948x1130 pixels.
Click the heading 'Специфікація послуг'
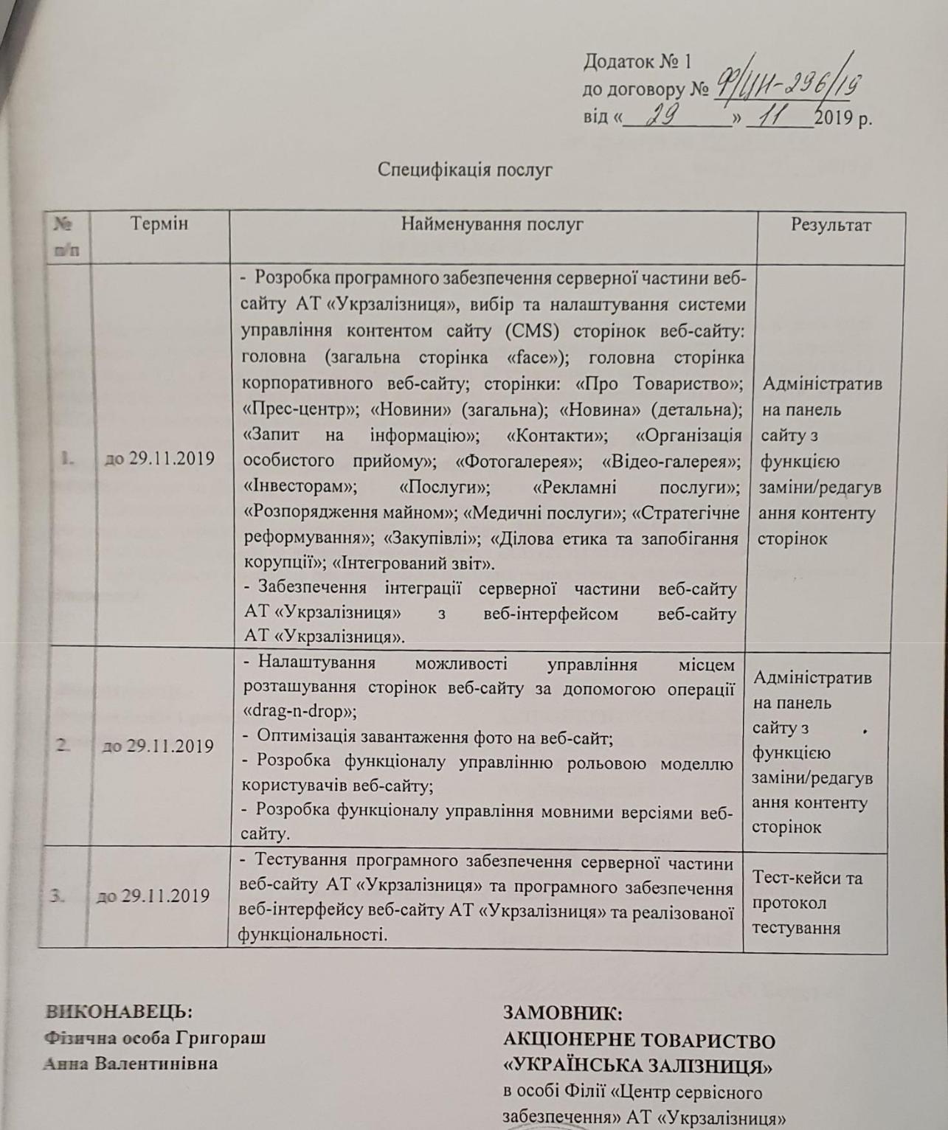pyautogui.click(x=465, y=170)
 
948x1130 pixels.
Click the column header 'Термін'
pyautogui.click(x=159, y=223)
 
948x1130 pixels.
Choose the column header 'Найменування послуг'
pyautogui.click(x=492, y=224)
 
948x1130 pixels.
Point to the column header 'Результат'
pyautogui.click(x=831, y=225)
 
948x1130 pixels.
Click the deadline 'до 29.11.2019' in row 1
pyautogui.click(x=159, y=459)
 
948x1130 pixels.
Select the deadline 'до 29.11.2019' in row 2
pyautogui.click(x=157, y=746)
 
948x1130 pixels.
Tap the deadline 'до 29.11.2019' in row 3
pyautogui.click(x=153, y=896)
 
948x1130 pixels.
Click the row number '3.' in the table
pyautogui.click(x=58, y=896)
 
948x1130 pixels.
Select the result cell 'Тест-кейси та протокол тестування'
pyautogui.click(x=807, y=903)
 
